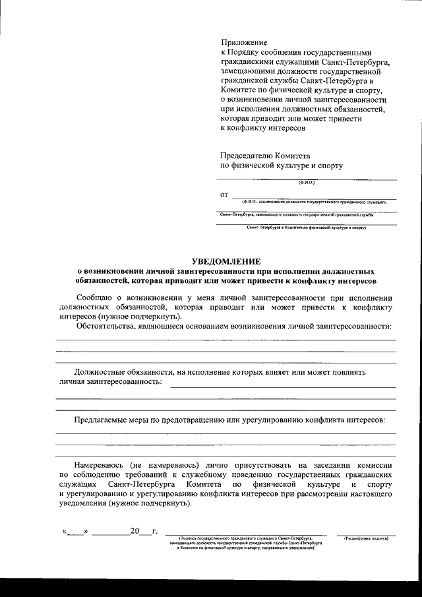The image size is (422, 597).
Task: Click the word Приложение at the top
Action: (240, 42)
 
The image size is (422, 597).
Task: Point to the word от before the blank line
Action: (224, 195)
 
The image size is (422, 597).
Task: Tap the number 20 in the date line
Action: (136, 530)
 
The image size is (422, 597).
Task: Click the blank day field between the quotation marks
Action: (76, 531)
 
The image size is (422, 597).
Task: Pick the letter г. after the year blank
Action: (154, 530)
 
